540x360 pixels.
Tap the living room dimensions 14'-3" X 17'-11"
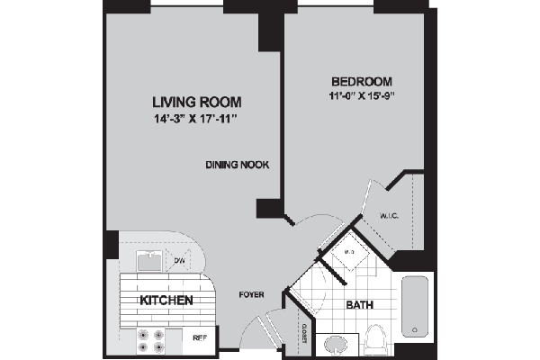[196, 117]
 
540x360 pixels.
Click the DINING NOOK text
[238, 165]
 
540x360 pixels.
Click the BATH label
[359, 305]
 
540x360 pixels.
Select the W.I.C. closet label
[390, 215]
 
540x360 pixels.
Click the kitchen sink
[149, 261]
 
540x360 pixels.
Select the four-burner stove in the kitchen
[149, 338]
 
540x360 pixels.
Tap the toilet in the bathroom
[376, 340]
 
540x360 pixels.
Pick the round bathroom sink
[337, 343]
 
